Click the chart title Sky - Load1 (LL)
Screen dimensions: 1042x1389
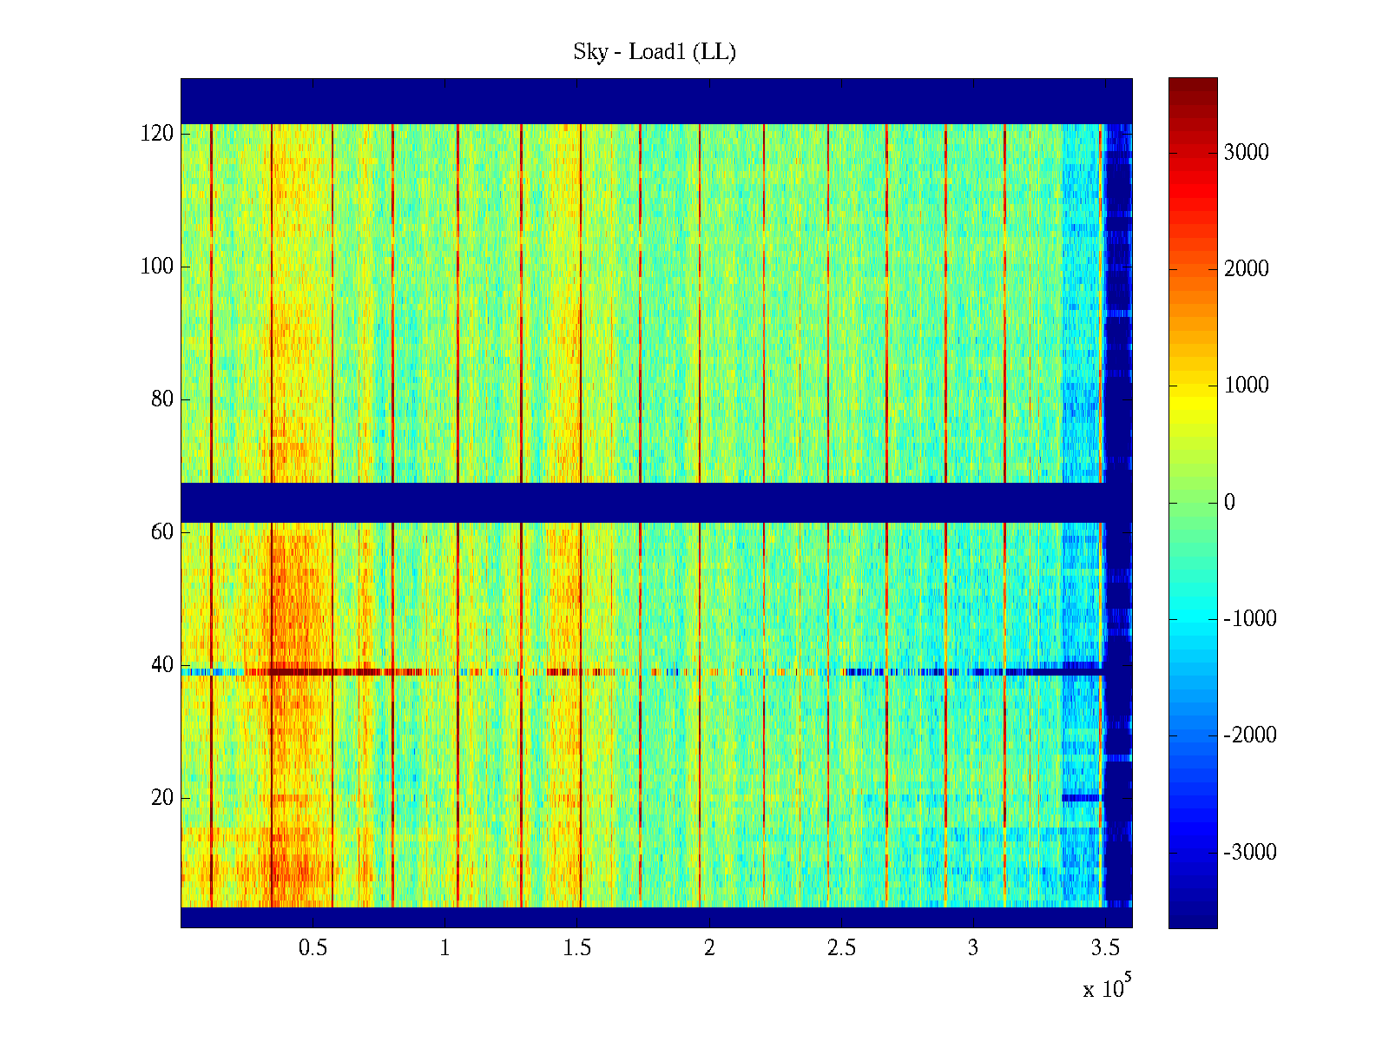tap(655, 52)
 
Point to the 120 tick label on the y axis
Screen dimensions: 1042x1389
tap(157, 134)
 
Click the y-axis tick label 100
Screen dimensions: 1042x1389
tap(157, 267)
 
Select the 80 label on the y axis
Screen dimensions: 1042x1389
tap(162, 399)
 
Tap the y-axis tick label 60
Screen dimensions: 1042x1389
tap(162, 532)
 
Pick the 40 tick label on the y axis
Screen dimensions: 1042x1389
tap(162, 665)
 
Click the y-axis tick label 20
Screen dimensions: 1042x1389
tap(162, 798)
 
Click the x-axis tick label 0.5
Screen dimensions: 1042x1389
tap(313, 948)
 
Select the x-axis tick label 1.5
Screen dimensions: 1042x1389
tap(577, 948)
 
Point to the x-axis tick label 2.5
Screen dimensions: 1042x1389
tap(841, 948)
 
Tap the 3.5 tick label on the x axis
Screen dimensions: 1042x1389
tap(1105, 948)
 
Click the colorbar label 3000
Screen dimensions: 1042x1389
tap(1247, 153)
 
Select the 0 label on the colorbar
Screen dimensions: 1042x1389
tap(1229, 503)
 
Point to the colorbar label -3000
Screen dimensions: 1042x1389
tap(1250, 853)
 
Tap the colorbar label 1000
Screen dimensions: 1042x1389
tap(1247, 386)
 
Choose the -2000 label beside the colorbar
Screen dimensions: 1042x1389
tap(1250, 736)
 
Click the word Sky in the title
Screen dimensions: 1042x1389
tap(590, 52)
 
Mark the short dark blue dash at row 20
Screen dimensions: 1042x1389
tap(1081, 797)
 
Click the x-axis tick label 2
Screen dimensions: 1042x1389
tap(709, 948)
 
